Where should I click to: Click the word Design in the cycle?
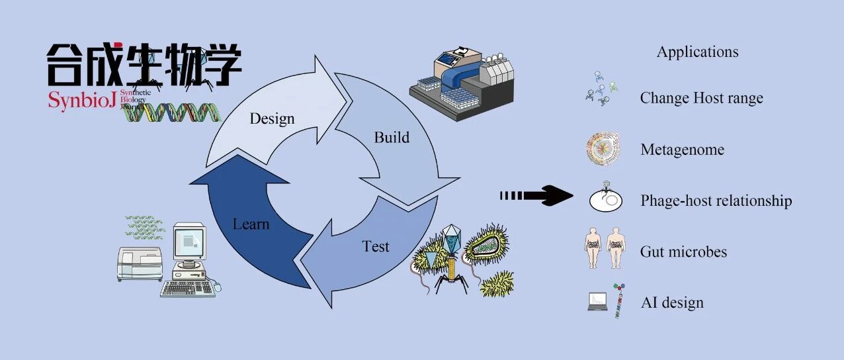point(272,119)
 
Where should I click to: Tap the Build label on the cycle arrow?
point(392,137)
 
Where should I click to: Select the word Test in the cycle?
point(375,247)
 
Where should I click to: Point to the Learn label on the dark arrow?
point(251,224)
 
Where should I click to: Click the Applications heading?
point(697,52)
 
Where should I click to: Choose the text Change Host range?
point(702,98)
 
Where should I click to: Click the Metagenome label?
point(682,150)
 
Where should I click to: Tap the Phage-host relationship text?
point(716,201)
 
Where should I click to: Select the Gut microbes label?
point(683,252)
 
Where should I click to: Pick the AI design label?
point(672,302)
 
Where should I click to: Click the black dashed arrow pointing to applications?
point(536,196)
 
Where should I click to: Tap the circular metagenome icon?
point(603,150)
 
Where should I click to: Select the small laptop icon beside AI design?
point(597,302)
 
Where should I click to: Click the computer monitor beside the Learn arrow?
point(190,242)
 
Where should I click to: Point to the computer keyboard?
point(188,289)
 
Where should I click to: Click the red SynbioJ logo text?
point(81,101)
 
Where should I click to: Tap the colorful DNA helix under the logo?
point(172,112)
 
